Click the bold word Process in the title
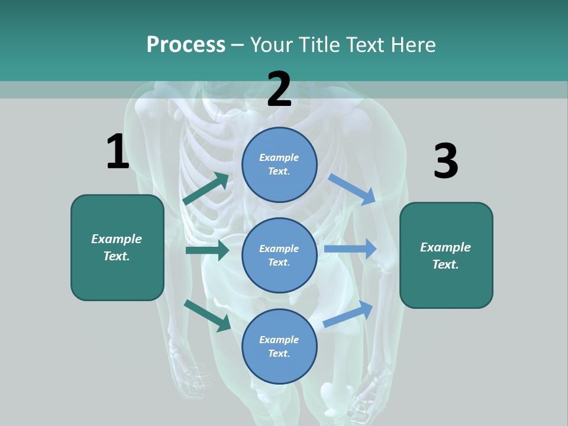pos(186,45)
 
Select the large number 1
pos(118,152)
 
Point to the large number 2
pos(279,89)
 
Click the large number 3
pos(446,161)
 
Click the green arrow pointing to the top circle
pos(206,189)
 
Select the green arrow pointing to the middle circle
pos(207,250)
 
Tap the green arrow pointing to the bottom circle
pos(207,315)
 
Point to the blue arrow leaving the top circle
pos(352,189)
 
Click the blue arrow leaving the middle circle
pos(350,249)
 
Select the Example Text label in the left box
pos(117,247)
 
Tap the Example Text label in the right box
pos(446,256)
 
